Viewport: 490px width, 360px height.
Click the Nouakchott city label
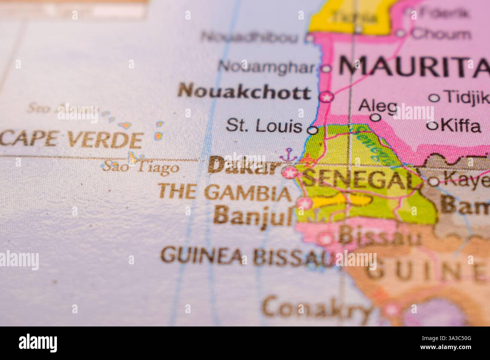coord(244,92)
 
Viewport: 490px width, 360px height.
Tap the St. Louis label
coord(264,127)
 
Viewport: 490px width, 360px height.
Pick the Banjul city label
coord(253,216)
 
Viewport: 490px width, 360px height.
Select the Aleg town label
coord(378,106)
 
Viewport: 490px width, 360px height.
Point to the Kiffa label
coord(461,126)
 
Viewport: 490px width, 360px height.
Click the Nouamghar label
coord(266,67)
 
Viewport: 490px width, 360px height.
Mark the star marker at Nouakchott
coord(326,97)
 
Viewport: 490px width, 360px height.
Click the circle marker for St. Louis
coord(312,130)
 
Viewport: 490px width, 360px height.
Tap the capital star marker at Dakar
coord(290,173)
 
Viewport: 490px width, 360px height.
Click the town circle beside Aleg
coord(375,117)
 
